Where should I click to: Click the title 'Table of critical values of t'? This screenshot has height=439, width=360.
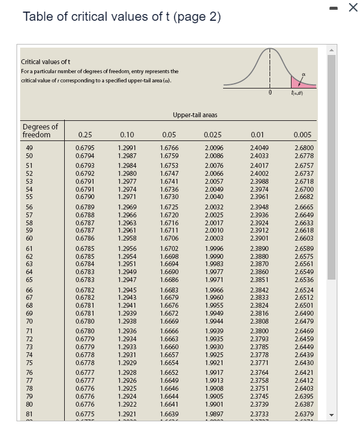[122, 16]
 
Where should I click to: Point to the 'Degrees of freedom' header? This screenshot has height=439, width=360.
[40, 130]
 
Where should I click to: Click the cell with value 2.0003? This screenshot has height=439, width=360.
[214, 238]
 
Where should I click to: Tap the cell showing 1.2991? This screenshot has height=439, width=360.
[127, 148]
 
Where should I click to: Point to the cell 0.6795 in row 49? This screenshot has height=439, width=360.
[85, 148]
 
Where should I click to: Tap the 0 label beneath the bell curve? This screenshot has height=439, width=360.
[270, 92]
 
